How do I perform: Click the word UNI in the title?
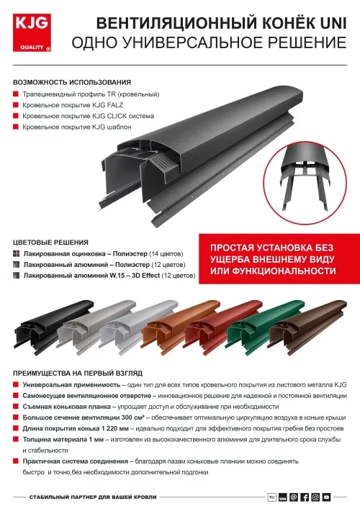334,24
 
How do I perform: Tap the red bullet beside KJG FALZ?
15,105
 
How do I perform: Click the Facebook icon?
304,497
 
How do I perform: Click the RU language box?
271,497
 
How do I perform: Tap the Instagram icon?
315,497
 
